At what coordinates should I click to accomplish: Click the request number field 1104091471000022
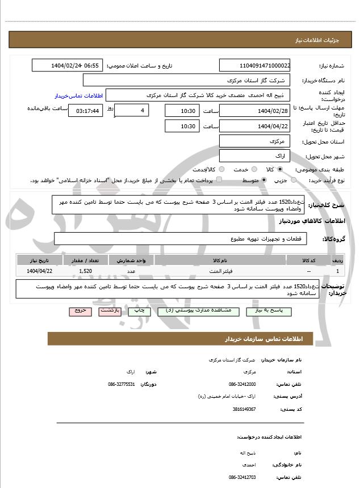[x=254, y=65]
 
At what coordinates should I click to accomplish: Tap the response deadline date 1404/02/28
[x=254, y=110]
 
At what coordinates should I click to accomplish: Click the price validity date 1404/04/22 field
[x=254, y=126]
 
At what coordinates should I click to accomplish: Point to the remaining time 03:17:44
[x=85, y=111]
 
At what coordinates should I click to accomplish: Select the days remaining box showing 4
[x=131, y=110]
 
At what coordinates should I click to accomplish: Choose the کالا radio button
[x=279, y=169]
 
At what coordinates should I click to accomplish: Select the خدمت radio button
[x=254, y=169]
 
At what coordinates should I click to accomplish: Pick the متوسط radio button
[x=265, y=180]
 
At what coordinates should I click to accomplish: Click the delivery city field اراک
[x=254, y=155]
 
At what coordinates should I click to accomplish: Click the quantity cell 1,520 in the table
[x=86, y=272]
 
